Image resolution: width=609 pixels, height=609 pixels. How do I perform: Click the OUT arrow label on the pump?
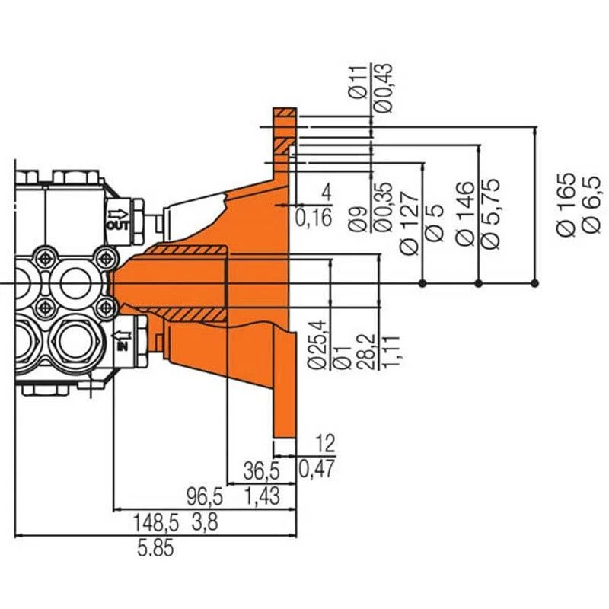click(x=118, y=220)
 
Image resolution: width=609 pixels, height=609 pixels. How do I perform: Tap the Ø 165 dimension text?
click(x=566, y=204)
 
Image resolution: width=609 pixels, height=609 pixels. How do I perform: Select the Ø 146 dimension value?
click(x=465, y=214)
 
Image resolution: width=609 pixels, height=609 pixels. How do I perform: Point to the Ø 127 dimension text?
click(x=410, y=223)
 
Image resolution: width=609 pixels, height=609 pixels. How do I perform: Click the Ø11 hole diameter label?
click(x=358, y=82)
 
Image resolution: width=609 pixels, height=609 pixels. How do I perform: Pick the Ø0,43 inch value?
click(x=384, y=88)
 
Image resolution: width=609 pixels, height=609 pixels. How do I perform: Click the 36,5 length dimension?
click(x=261, y=471)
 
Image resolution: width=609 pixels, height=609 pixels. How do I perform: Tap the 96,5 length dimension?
click(x=205, y=497)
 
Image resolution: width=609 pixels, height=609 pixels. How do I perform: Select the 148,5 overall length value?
click(x=156, y=523)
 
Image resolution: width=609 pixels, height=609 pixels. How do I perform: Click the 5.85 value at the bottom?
click(x=155, y=549)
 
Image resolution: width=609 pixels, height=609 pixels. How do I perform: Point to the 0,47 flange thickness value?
click(x=316, y=469)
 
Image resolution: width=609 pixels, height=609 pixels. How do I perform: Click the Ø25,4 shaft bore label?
click(x=317, y=344)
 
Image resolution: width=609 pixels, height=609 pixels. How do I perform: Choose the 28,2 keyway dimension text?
click(x=368, y=352)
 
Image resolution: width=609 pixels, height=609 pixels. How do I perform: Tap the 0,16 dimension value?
click(x=314, y=218)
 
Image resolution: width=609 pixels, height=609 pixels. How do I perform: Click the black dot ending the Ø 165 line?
click(x=535, y=283)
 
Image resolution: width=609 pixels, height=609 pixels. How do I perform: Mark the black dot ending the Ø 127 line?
click(x=423, y=283)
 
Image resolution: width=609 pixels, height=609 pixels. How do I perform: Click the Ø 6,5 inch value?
click(x=592, y=205)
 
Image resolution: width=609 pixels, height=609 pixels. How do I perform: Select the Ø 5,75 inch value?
click(x=490, y=214)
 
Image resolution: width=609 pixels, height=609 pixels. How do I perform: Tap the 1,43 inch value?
click(x=263, y=497)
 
